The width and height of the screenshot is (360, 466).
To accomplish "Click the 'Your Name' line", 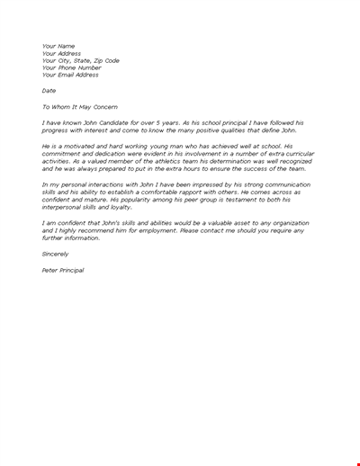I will pyautogui.click(x=58, y=46).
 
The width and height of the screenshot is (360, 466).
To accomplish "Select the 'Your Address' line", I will pyautogui.click(x=62, y=53).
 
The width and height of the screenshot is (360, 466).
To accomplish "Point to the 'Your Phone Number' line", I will pyautogui.click(x=71, y=67).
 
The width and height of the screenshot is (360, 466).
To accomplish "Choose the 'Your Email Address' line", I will pyautogui.click(x=70, y=75).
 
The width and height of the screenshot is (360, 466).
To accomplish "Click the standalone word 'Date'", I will pyautogui.click(x=49, y=90).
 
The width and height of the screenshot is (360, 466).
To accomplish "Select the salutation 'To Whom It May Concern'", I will pyautogui.click(x=81, y=106).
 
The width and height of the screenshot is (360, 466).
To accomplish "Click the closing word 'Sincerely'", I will pyautogui.click(x=56, y=254).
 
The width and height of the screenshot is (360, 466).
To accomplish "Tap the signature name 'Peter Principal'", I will pyautogui.click(x=63, y=270).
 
